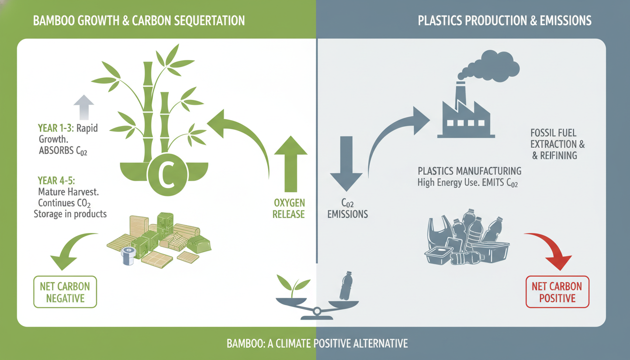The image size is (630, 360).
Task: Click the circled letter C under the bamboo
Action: point(167,175)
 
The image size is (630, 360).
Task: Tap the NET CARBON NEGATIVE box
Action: point(65,292)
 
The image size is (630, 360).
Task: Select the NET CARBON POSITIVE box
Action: point(557,292)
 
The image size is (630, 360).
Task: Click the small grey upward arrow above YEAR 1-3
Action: point(83,107)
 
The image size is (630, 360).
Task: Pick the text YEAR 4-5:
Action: point(56,180)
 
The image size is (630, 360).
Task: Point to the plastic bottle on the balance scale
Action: point(346,286)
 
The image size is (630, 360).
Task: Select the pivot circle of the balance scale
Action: point(317,311)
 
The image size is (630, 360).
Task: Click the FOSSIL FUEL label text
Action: point(553,133)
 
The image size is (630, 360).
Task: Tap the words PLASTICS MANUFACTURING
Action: point(469,171)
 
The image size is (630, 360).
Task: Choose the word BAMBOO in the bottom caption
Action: point(245,344)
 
